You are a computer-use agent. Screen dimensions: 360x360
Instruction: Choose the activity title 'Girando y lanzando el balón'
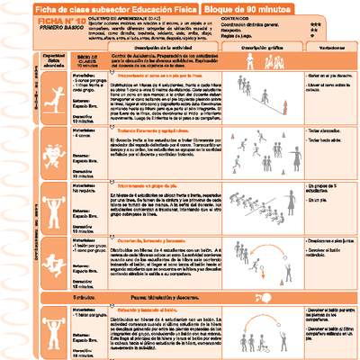pyautogui.click(x=148, y=309)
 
